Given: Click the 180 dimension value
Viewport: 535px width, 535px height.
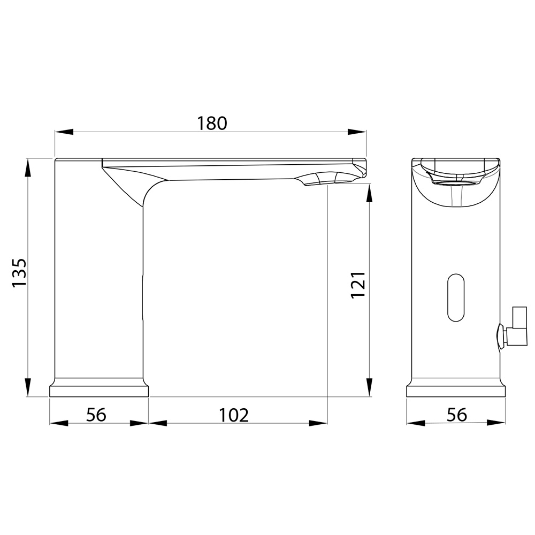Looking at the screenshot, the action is [212, 123].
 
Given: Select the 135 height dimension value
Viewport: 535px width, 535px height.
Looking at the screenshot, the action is [19, 273].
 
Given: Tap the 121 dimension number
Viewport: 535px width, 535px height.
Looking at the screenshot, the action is [358, 285].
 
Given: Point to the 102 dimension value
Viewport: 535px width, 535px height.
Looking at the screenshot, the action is [234, 415].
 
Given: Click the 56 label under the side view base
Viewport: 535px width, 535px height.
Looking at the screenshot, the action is [96, 415].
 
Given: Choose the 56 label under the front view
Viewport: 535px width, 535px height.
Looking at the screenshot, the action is [457, 415].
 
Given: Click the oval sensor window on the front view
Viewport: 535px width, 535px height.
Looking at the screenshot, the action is [456, 297].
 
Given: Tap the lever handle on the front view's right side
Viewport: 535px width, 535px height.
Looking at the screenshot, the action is [512, 327].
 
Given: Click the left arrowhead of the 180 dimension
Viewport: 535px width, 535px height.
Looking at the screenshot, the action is [64, 132].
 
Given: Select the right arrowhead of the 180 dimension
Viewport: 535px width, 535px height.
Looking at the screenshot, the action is [357, 132].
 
